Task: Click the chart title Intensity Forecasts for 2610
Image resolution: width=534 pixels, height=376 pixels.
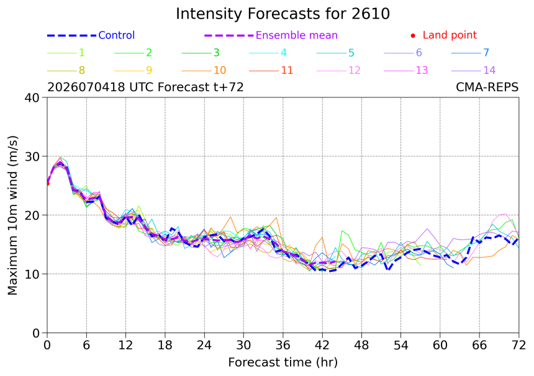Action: coord(283,14)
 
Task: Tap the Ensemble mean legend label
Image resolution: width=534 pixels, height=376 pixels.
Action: coord(296,35)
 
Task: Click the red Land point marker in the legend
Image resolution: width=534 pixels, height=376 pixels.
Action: coord(413,35)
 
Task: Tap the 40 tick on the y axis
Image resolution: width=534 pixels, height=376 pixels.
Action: coord(32,97)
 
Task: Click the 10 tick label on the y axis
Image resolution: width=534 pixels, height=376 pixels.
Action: coord(32,274)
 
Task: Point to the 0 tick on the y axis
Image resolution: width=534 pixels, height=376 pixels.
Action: coord(36,333)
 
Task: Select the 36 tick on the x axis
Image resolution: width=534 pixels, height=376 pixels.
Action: coord(283,346)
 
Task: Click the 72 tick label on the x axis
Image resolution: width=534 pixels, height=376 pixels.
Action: coord(518,346)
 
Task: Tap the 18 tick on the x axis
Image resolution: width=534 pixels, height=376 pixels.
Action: coord(165,346)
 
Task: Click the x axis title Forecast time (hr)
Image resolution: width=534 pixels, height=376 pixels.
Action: coord(283,362)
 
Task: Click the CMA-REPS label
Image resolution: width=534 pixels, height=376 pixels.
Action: coord(487,87)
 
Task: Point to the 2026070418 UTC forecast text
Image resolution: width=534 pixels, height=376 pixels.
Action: coord(145,87)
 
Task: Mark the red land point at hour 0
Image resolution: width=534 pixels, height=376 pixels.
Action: coord(47,184)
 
